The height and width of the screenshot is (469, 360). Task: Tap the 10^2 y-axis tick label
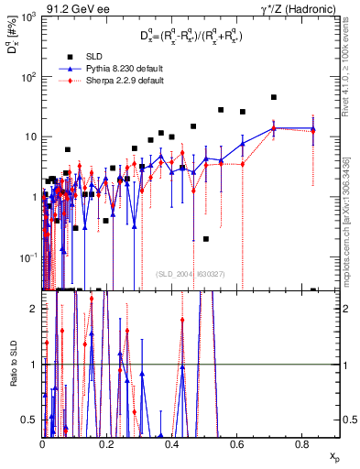(28, 77)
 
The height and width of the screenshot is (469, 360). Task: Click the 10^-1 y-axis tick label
(28, 256)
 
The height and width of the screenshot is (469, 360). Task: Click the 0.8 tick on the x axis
(301, 445)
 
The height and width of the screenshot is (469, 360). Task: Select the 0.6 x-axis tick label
(236, 445)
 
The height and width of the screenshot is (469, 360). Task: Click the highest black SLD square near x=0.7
(273, 97)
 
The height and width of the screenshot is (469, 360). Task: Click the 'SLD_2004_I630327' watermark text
(190, 274)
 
